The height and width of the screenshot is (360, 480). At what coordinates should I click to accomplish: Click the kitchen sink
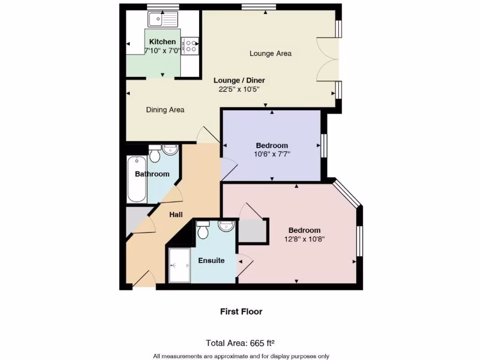(163, 19)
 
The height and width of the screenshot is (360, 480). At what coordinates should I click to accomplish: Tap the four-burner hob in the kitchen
(190, 46)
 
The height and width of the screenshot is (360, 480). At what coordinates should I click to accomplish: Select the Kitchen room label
(163, 42)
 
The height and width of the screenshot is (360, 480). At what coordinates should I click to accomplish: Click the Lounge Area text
(270, 53)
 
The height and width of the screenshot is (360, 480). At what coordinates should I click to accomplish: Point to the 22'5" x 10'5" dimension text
(239, 89)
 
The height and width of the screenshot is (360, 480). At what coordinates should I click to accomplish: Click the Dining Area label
(165, 110)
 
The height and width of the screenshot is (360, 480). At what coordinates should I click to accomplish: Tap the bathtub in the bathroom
(137, 180)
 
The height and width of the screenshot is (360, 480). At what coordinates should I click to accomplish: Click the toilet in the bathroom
(155, 154)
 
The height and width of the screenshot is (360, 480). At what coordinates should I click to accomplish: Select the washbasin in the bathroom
(170, 150)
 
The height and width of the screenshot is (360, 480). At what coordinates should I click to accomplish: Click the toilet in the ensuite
(203, 230)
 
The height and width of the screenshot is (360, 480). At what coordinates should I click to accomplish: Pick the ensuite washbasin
(226, 226)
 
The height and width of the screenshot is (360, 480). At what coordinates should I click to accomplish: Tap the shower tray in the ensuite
(179, 265)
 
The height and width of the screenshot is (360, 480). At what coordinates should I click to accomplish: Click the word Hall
(176, 215)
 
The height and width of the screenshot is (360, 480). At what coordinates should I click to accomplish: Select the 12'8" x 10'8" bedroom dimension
(304, 239)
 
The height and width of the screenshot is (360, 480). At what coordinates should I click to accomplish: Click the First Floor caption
(241, 311)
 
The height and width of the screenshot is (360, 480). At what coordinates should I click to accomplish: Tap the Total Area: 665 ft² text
(243, 343)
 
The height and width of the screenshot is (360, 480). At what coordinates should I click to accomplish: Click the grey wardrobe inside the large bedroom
(253, 231)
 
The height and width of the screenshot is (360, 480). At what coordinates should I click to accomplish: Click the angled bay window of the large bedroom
(347, 194)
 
